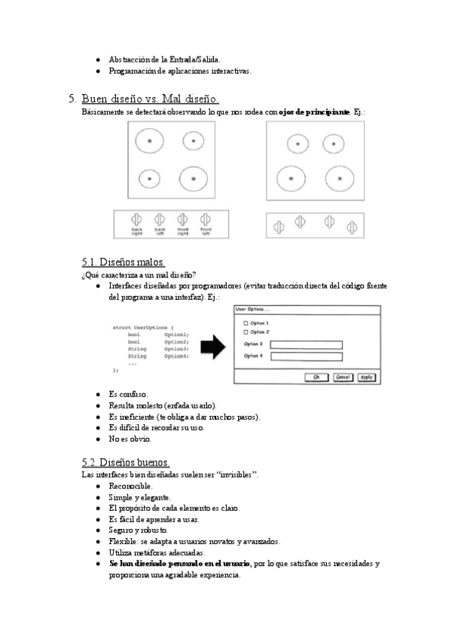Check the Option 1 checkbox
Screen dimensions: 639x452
coord(245,323)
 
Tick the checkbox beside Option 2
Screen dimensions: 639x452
coord(245,332)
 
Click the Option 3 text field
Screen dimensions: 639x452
coord(305,345)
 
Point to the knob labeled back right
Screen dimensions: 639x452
coord(137,219)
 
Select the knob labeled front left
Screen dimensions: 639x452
coord(205,219)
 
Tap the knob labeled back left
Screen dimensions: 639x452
coord(160,219)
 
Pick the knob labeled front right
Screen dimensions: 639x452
coord(182,219)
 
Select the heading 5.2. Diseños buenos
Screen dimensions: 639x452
coord(126,462)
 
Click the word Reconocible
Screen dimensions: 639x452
coord(130,487)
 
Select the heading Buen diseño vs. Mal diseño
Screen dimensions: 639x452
coord(149,99)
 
